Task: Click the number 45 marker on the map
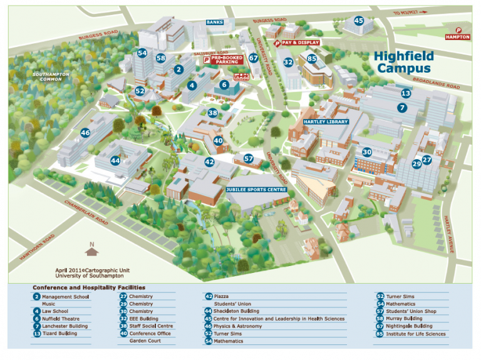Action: (358, 21)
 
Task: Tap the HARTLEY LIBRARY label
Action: (325, 121)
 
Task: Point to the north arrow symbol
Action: (92, 250)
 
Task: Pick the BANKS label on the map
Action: (215, 23)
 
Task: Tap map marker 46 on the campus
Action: (85, 133)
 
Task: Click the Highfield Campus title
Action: (403, 62)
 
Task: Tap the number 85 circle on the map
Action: (311, 59)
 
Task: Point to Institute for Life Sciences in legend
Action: (415, 334)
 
